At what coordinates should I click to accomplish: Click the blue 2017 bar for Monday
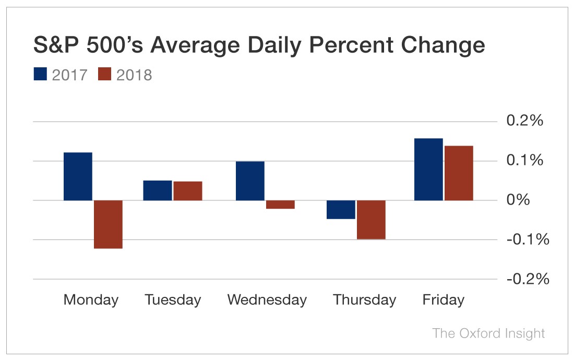[78, 176]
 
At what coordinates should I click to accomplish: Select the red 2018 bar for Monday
[108, 224]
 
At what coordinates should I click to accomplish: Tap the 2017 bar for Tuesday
[158, 190]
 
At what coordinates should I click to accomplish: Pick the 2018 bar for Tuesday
[187, 191]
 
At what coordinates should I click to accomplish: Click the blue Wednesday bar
[250, 181]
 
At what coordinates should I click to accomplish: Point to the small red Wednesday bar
[280, 205]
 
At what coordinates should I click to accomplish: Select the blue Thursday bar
[341, 210]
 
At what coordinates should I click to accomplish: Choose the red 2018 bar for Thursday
[371, 220]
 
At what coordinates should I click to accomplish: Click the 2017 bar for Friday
[428, 170]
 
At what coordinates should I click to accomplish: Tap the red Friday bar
[459, 173]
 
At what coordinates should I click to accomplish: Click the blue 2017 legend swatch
[41, 74]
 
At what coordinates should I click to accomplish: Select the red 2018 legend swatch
[105, 74]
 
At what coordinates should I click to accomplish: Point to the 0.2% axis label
[524, 121]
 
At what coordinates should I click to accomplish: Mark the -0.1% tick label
[528, 240]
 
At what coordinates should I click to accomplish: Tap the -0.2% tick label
[528, 279]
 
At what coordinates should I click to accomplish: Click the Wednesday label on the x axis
[267, 301]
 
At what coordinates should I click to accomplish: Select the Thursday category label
[364, 301]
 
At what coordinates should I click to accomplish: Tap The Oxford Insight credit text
[488, 333]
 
